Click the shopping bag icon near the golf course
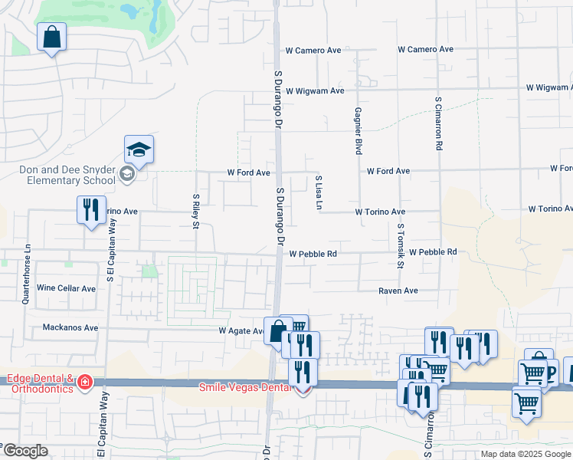tap(51, 37)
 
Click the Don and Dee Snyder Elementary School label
tap(62, 175)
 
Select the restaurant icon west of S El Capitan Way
tap(91, 209)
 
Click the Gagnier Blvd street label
tap(358, 130)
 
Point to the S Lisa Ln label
tap(319, 192)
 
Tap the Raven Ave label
tap(398, 291)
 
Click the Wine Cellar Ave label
tap(67, 289)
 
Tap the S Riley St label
tap(196, 211)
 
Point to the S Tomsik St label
tap(400, 246)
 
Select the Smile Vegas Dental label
tap(245, 387)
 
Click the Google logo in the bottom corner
tap(25, 451)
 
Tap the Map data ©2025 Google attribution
tap(525, 454)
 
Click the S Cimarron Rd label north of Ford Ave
tap(439, 123)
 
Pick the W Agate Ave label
tap(241, 331)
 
